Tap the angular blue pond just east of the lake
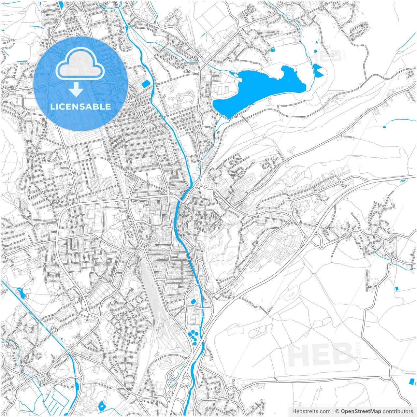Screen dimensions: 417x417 (317, 70)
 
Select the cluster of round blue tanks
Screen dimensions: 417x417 (193, 337)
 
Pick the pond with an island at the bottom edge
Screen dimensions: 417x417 (102, 406)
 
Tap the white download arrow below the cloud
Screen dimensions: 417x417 (76, 89)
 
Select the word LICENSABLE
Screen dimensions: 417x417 (80, 107)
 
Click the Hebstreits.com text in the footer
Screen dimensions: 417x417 (311, 411)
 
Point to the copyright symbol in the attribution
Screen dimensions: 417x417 (338, 411)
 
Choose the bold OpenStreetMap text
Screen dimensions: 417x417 (361, 411)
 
